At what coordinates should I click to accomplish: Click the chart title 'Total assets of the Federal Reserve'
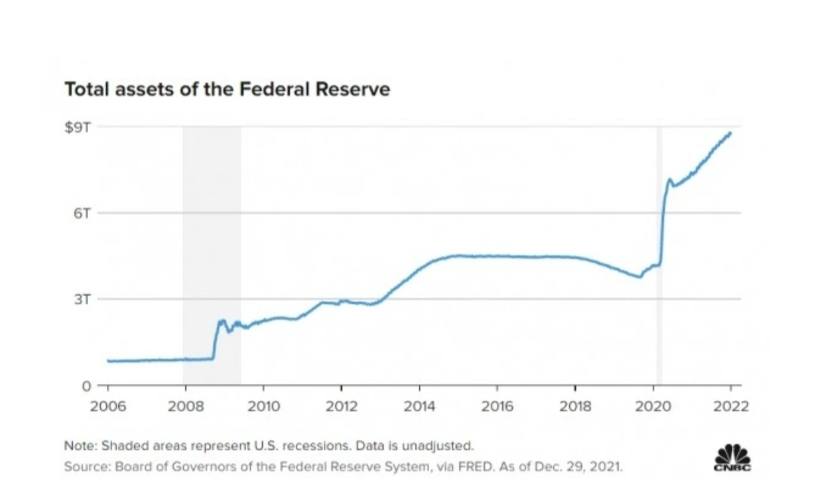coord(227,90)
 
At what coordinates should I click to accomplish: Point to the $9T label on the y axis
coord(78,126)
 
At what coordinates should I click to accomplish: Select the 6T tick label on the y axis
coord(82,213)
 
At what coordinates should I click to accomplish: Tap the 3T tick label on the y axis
coord(82,299)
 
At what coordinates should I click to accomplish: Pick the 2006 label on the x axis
coord(108,407)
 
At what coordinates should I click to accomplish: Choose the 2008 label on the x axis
coord(185,407)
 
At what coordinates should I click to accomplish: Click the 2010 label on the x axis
coord(263,407)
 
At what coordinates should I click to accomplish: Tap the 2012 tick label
coord(341,407)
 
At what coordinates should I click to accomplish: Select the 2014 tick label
coord(419,407)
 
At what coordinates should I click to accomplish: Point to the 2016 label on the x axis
coord(497,407)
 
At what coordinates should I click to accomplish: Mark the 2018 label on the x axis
coord(575,407)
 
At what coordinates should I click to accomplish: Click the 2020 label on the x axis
coord(653,407)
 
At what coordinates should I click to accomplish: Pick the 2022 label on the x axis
coord(731,407)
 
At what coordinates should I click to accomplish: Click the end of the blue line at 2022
coord(730,133)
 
